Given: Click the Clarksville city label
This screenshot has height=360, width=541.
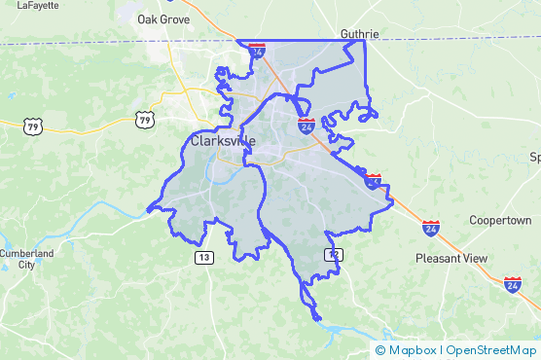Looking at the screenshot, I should (223, 141).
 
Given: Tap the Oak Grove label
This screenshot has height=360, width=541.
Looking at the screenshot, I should (162, 18).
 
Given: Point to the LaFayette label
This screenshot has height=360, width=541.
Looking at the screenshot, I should (38, 4).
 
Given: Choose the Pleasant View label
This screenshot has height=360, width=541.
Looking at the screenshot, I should (451, 259).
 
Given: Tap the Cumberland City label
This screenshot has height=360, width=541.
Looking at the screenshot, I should (19, 259).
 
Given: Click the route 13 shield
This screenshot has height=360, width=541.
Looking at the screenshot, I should (203, 257).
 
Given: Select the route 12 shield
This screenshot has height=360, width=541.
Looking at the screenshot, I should (334, 254).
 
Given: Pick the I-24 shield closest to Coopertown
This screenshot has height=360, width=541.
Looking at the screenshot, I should (431, 228).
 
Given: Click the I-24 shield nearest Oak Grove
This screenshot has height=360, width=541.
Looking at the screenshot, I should (256, 49).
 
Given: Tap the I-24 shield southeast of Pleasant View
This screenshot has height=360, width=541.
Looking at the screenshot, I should (512, 284).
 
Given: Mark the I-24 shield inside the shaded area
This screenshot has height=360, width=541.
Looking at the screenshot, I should (306, 126).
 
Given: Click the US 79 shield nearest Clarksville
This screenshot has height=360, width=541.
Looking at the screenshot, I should (144, 120).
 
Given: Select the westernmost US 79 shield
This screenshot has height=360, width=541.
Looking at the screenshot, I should (32, 126).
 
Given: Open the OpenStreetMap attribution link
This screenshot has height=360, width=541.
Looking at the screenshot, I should (490, 350).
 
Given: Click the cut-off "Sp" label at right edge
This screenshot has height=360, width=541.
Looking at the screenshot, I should (534, 157).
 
